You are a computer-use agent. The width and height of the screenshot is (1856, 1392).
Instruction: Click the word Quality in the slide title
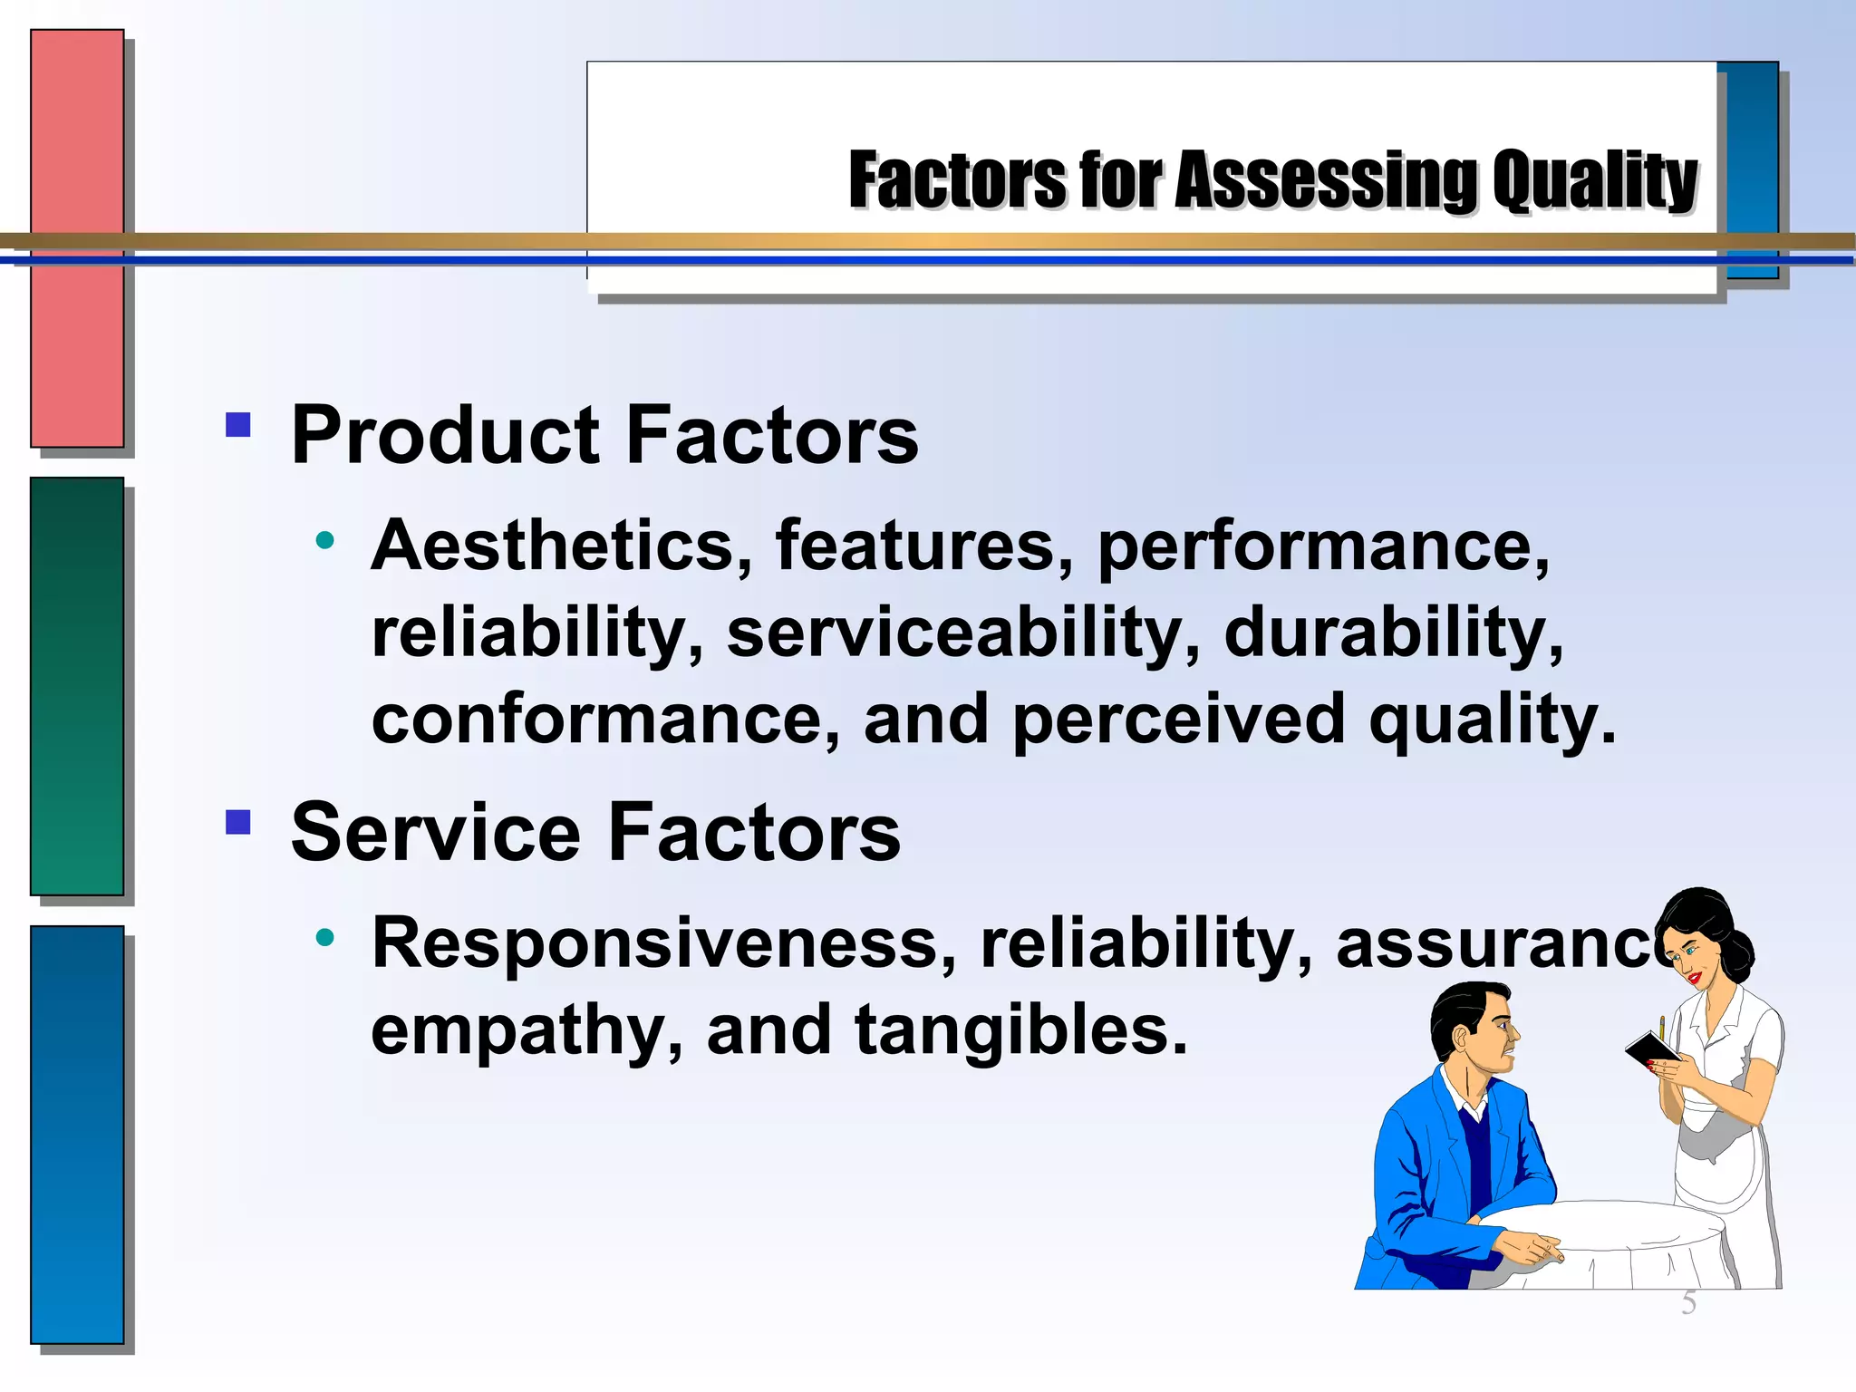[x=1594, y=181]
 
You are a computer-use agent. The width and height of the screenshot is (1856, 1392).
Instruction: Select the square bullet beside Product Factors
[x=238, y=425]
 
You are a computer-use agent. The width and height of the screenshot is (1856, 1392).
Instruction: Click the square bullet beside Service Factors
[x=238, y=822]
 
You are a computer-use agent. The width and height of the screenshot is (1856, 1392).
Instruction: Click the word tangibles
[x=1020, y=1030]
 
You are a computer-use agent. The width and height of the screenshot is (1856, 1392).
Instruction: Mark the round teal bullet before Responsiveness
[x=325, y=937]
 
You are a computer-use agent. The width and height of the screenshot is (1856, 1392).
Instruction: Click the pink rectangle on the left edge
[x=77, y=238]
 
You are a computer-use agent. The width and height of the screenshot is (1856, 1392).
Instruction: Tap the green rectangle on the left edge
[x=77, y=686]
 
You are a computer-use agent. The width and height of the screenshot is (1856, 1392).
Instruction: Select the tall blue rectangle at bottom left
[x=77, y=1134]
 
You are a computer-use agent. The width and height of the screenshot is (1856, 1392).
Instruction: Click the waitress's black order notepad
[x=1651, y=1051]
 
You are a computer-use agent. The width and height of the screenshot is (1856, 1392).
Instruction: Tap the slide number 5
[x=1688, y=1303]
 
